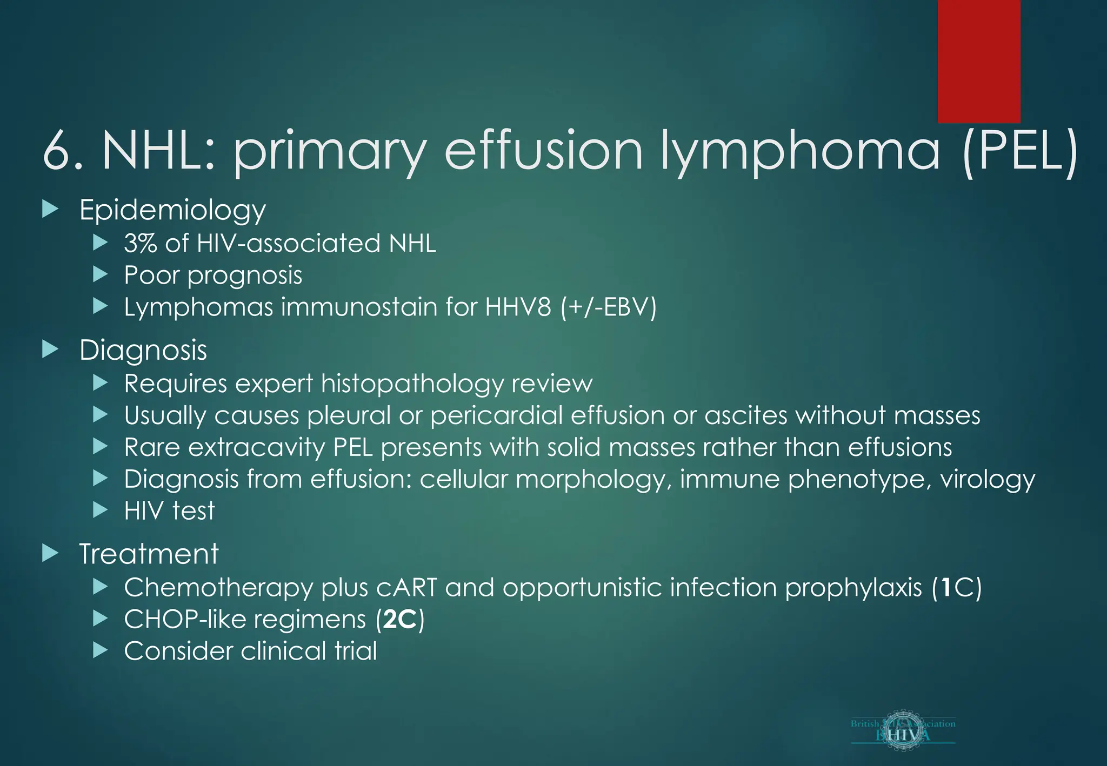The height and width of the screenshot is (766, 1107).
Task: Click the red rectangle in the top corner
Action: [x=978, y=61]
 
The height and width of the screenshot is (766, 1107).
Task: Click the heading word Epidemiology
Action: [x=172, y=210]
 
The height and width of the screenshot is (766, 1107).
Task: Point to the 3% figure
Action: [x=140, y=243]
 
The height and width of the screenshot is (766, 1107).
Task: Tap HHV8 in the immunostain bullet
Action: [x=518, y=307]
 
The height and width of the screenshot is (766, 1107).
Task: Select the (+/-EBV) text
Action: [x=608, y=307]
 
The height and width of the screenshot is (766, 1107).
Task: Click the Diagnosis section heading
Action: [x=143, y=350]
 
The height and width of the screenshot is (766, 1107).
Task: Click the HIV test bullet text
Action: [x=169, y=510]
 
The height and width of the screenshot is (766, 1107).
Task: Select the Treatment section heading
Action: [x=149, y=554]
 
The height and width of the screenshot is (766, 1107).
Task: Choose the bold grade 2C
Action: [x=400, y=619]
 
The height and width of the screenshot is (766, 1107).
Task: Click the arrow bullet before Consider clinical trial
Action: [x=100, y=650]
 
